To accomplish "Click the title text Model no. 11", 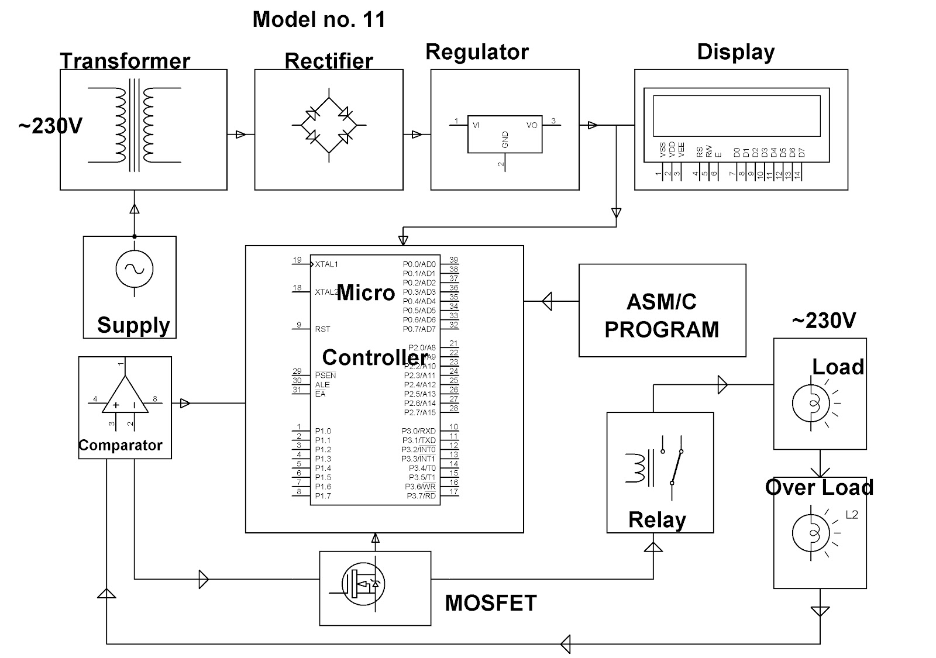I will [x=319, y=20].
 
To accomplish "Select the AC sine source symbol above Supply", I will [x=134, y=269].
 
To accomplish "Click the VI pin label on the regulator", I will [x=477, y=125].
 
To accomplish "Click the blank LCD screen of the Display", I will [x=737, y=115].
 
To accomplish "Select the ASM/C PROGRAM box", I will [x=662, y=310].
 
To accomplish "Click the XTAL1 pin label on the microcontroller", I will [x=326, y=264].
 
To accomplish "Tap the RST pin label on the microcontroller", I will [x=322, y=329].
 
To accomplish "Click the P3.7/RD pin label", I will [x=421, y=496].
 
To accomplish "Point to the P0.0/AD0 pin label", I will [x=419, y=264].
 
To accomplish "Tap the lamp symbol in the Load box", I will [x=811, y=402].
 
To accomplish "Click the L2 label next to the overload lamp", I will [x=851, y=515].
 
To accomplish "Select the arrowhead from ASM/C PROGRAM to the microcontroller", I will [x=547, y=302].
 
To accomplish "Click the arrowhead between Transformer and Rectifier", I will [x=240, y=135].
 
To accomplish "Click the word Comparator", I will [x=121, y=446].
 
